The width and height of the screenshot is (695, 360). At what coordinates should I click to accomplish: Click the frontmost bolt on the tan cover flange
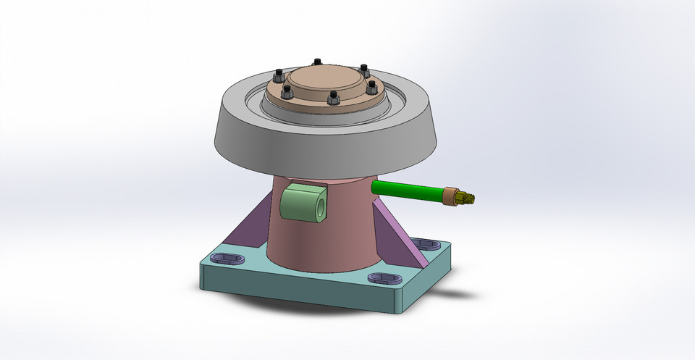(334, 97)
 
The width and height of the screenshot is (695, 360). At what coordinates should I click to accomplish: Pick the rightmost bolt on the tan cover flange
(372, 87)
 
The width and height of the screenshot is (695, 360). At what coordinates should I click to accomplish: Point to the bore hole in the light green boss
(319, 206)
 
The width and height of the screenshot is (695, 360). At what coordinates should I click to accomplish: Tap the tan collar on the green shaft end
(452, 196)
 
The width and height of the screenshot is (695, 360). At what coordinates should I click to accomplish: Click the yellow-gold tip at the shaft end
(468, 197)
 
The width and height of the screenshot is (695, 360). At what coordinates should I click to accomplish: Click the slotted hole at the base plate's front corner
(384, 278)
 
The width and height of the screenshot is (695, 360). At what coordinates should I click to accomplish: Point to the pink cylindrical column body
(326, 239)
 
